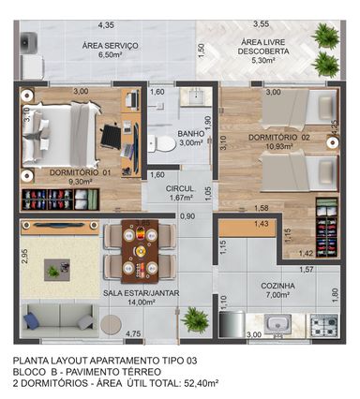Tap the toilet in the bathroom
pos(161,143)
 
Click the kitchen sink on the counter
pos(277,323)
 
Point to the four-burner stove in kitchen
pos(323,325)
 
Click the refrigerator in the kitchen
pos(232,324)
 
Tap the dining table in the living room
pos(140,251)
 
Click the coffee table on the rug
pos(57,270)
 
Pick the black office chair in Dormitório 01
pos(111,136)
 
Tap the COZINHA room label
pos(277,286)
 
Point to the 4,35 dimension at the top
pos(106,25)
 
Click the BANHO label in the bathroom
pos(191,134)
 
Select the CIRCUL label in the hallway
pos(180,188)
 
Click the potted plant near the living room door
pos(195,319)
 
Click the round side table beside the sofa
pos(111,325)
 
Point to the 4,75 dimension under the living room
pos(133,334)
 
